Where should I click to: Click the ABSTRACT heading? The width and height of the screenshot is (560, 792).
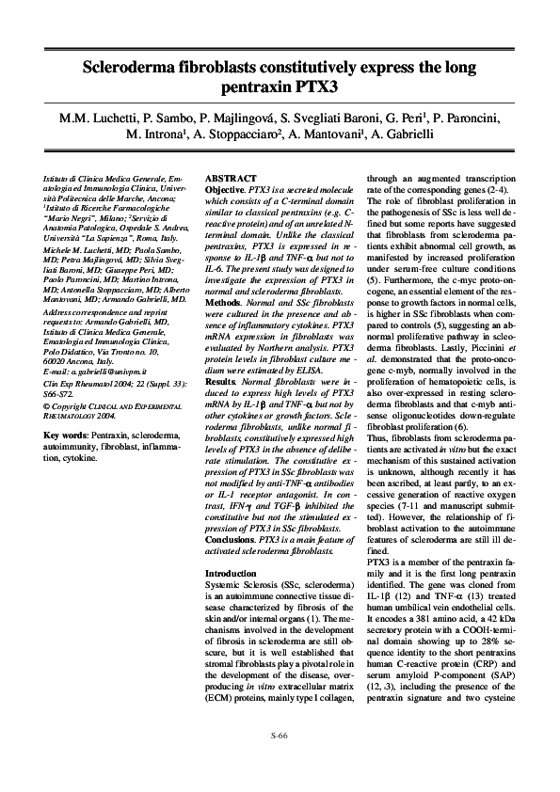tap(231, 178)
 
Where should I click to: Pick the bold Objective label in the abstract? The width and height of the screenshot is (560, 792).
tap(226, 189)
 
